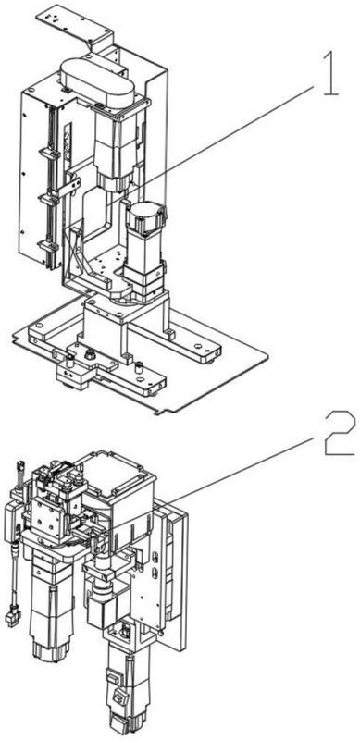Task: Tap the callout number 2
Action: (340, 433)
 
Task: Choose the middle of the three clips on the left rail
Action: (49, 198)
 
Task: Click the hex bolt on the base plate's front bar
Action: (88, 353)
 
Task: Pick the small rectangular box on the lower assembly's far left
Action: (11, 521)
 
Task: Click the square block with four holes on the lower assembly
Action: (47, 521)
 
